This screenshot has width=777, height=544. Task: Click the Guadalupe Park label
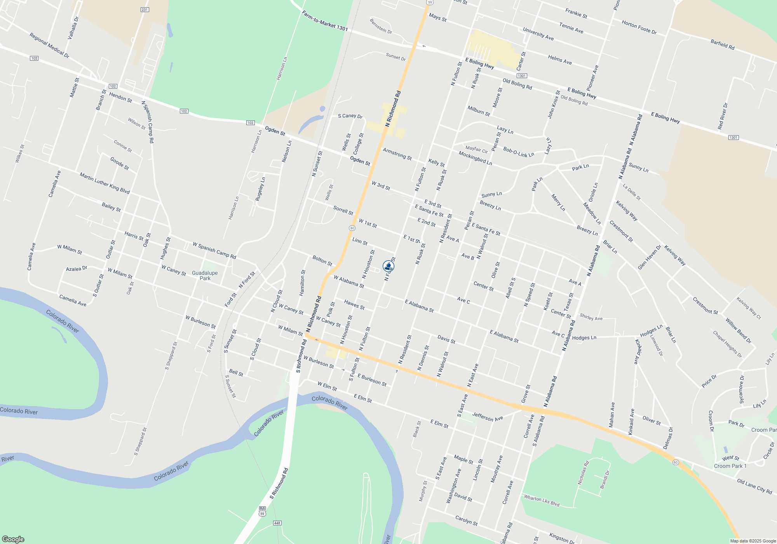tap(205, 275)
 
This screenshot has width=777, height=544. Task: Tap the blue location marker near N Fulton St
tap(388, 266)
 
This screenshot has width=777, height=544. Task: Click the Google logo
tap(13, 539)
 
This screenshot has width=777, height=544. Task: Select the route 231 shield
tap(145, 10)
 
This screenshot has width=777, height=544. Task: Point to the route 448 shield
tap(277, 523)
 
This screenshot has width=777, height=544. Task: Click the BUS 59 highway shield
tap(262, 511)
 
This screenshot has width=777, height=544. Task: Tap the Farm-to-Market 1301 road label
tap(325, 21)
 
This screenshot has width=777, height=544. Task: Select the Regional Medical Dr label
tap(49, 45)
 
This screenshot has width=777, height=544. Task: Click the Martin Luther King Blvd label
tap(105, 183)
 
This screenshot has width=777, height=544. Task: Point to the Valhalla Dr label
tap(73, 28)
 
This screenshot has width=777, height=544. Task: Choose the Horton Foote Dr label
tap(639, 27)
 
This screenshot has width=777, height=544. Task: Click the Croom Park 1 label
tap(730, 466)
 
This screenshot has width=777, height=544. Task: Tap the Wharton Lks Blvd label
tap(542, 500)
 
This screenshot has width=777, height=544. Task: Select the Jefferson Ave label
tap(488, 417)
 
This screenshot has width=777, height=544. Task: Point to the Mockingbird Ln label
tap(475, 158)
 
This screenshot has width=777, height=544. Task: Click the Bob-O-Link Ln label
tap(519, 152)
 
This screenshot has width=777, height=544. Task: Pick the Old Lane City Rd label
tap(754, 486)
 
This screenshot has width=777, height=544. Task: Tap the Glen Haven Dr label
tap(649, 257)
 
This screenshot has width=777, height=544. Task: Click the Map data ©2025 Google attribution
tap(753, 541)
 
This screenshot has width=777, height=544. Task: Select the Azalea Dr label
tap(77, 269)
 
